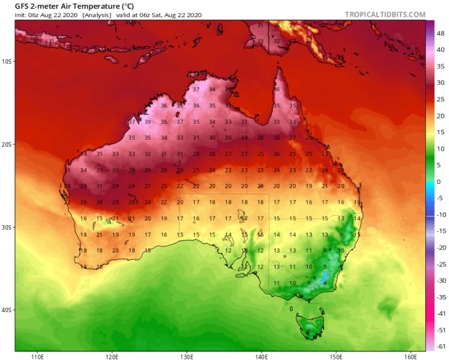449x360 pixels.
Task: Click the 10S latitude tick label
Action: click(7, 61)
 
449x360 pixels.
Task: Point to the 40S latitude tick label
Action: click(7, 310)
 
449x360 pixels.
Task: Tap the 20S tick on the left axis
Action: click(7, 144)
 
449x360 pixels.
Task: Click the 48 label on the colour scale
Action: click(441, 34)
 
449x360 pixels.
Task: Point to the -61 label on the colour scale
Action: click(441, 345)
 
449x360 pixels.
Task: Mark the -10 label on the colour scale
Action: click(441, 214)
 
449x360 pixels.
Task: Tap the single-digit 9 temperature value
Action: click(341, 235)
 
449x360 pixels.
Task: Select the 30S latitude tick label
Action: click(7, 227)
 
